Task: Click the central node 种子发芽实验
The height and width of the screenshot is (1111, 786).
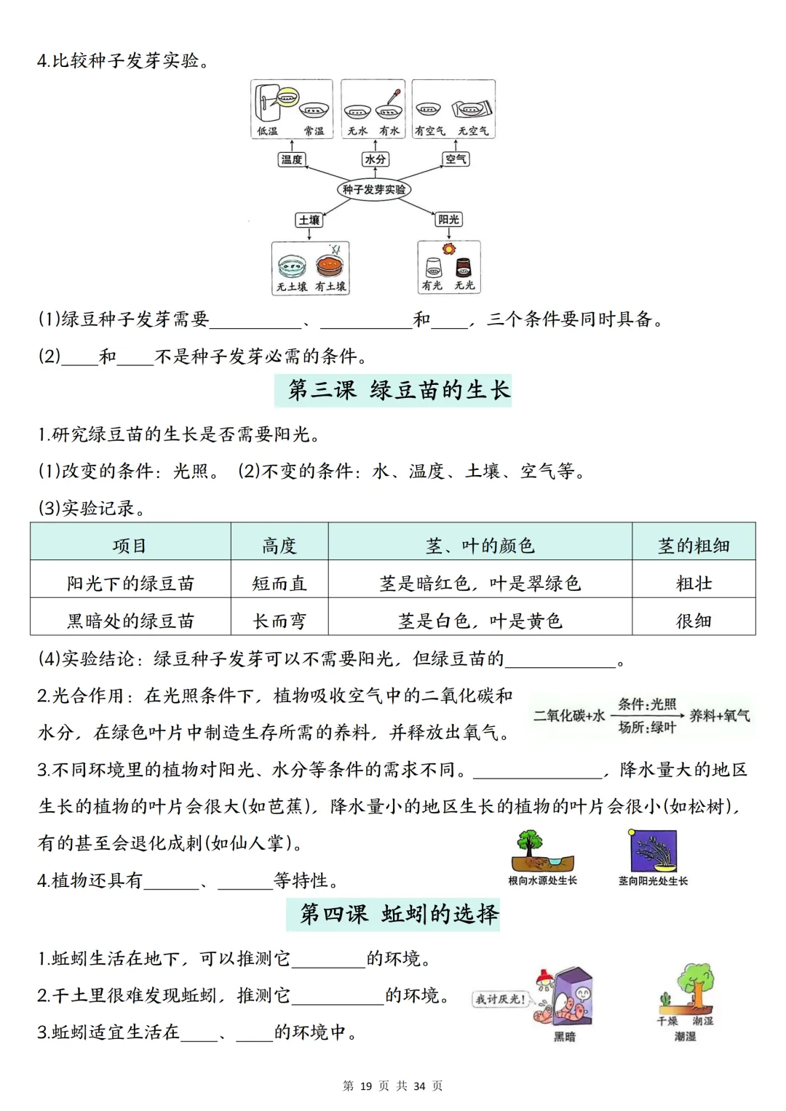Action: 374,189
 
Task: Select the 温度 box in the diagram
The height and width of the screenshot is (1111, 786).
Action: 292,159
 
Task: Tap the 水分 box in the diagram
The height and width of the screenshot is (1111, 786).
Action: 375,159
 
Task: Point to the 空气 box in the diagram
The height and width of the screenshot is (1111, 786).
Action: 456,159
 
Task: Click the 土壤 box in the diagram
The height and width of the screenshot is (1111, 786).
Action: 309,220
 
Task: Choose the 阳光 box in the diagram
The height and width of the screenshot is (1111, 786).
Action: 448,219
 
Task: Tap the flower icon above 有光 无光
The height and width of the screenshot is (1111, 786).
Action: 449,249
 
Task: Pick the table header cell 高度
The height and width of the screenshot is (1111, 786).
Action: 279,546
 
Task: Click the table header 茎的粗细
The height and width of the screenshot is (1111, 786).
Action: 694,546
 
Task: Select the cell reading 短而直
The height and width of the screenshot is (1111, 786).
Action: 279,584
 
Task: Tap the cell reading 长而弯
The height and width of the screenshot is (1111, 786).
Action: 279,621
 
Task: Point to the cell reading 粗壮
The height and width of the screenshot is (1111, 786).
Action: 694,584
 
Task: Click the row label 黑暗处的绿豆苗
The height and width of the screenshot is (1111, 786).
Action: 131,621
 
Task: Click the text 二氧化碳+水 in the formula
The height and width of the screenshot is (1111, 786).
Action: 569,716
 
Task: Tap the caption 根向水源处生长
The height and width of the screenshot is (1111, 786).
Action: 542,880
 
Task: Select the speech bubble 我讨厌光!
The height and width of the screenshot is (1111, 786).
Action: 500,999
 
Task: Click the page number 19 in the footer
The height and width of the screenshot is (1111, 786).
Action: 365,1086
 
